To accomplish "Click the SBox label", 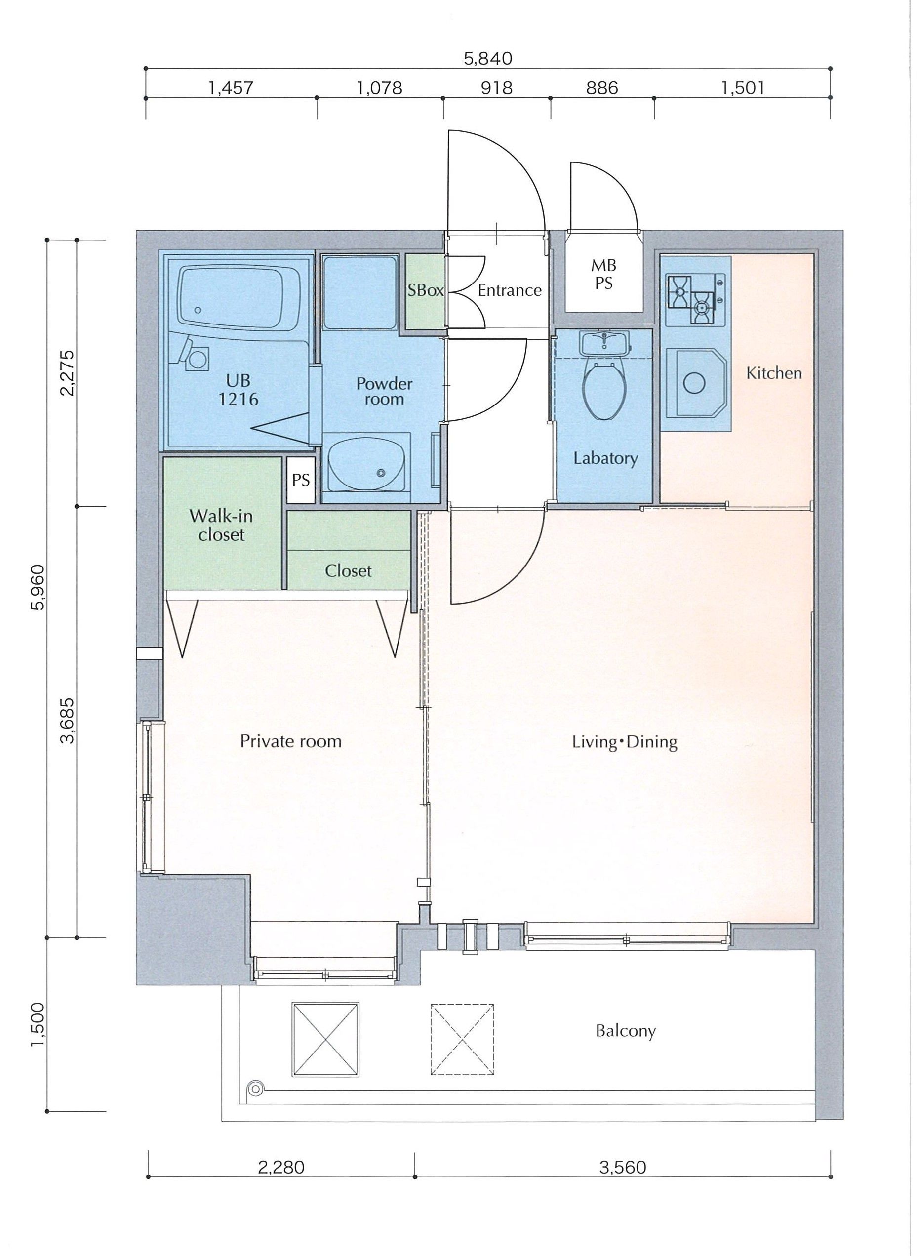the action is (x=426, y=290).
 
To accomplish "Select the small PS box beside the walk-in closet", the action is (x=301, y=480).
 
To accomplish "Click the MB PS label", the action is (x=604, y=274).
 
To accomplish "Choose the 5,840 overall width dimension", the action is (x=488, y=59).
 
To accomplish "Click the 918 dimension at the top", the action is (x=497, y=88).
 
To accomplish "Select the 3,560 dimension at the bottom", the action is (x=623, y=1167).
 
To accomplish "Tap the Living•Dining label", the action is (x=625, y=742).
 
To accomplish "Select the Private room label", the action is (x=291, y=741).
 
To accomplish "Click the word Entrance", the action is (x=510, y=290).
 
